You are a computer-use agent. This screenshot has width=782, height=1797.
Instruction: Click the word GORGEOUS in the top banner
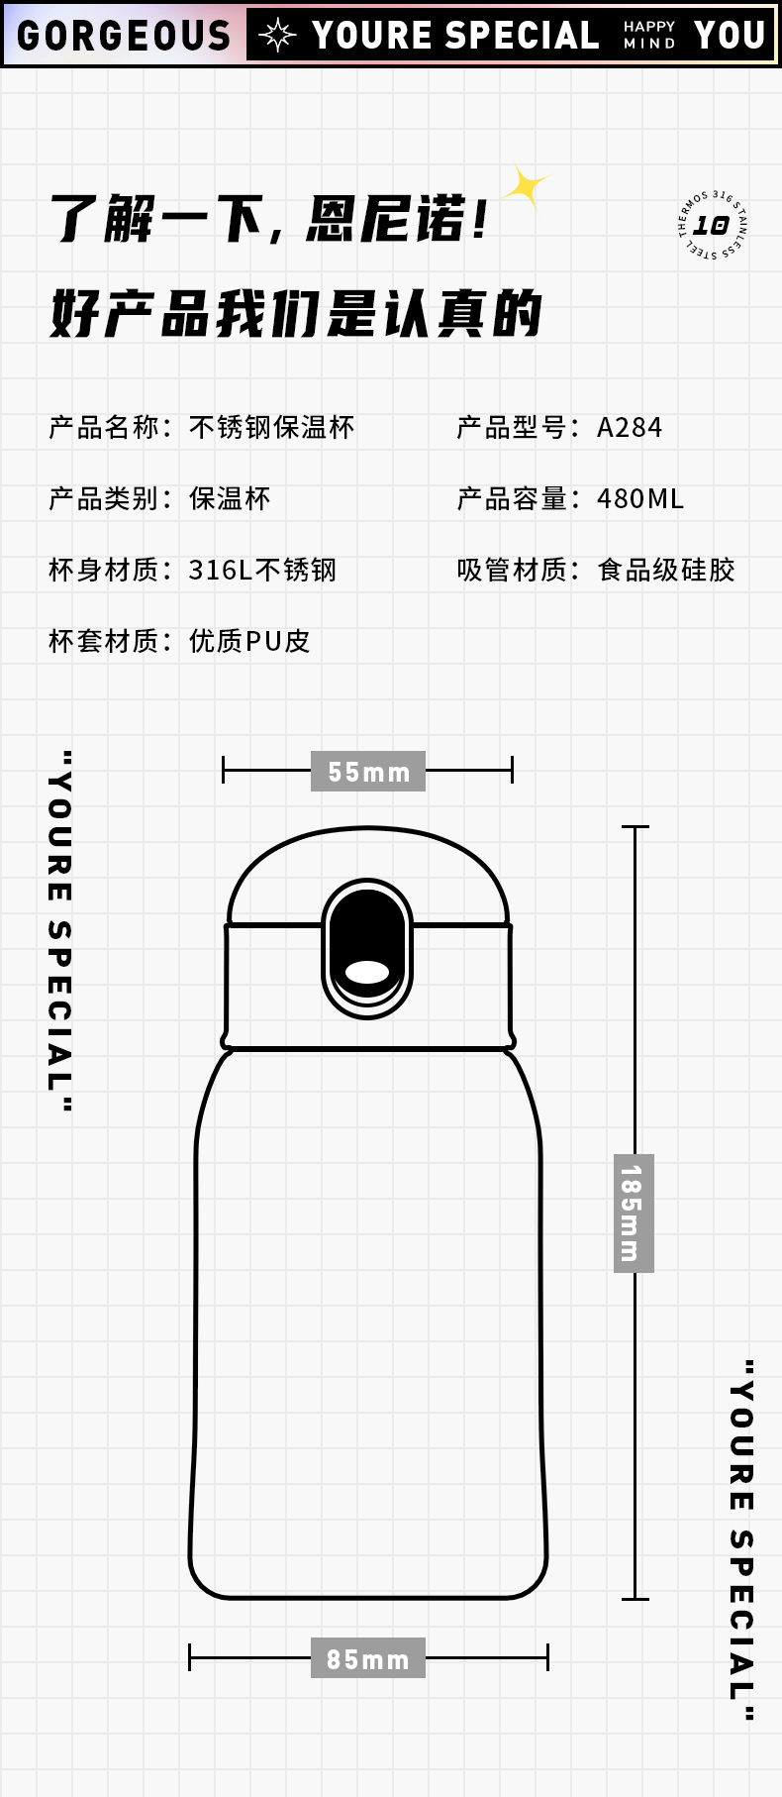coord(124,37)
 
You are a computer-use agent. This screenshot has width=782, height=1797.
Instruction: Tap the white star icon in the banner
coord(277,36)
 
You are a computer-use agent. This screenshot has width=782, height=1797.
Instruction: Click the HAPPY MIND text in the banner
coord(649,35)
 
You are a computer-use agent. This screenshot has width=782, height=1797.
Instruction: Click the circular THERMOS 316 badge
coord(712,226)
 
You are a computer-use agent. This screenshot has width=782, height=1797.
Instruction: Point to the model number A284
coord(630,428)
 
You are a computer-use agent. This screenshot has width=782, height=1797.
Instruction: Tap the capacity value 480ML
coord(640,499)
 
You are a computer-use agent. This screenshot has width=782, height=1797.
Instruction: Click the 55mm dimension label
coord(368,772)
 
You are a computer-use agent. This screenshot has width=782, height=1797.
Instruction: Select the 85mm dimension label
coord(368,1658)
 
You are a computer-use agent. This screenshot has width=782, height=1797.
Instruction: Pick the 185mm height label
coord(633,1214)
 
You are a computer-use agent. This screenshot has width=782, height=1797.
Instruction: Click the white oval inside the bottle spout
coord(367,972)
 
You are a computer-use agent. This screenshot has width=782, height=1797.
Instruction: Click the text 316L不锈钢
coord(262,571)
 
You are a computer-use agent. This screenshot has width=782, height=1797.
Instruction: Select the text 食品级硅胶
coord(666,571)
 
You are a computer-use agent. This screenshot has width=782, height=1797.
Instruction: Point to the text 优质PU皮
coord(249,642)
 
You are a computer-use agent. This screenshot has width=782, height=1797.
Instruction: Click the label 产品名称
coord(104,428)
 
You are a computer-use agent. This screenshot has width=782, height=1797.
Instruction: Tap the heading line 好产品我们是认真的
coord(296,314)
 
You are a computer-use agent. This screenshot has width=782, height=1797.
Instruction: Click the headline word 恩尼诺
coord(386,219)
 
